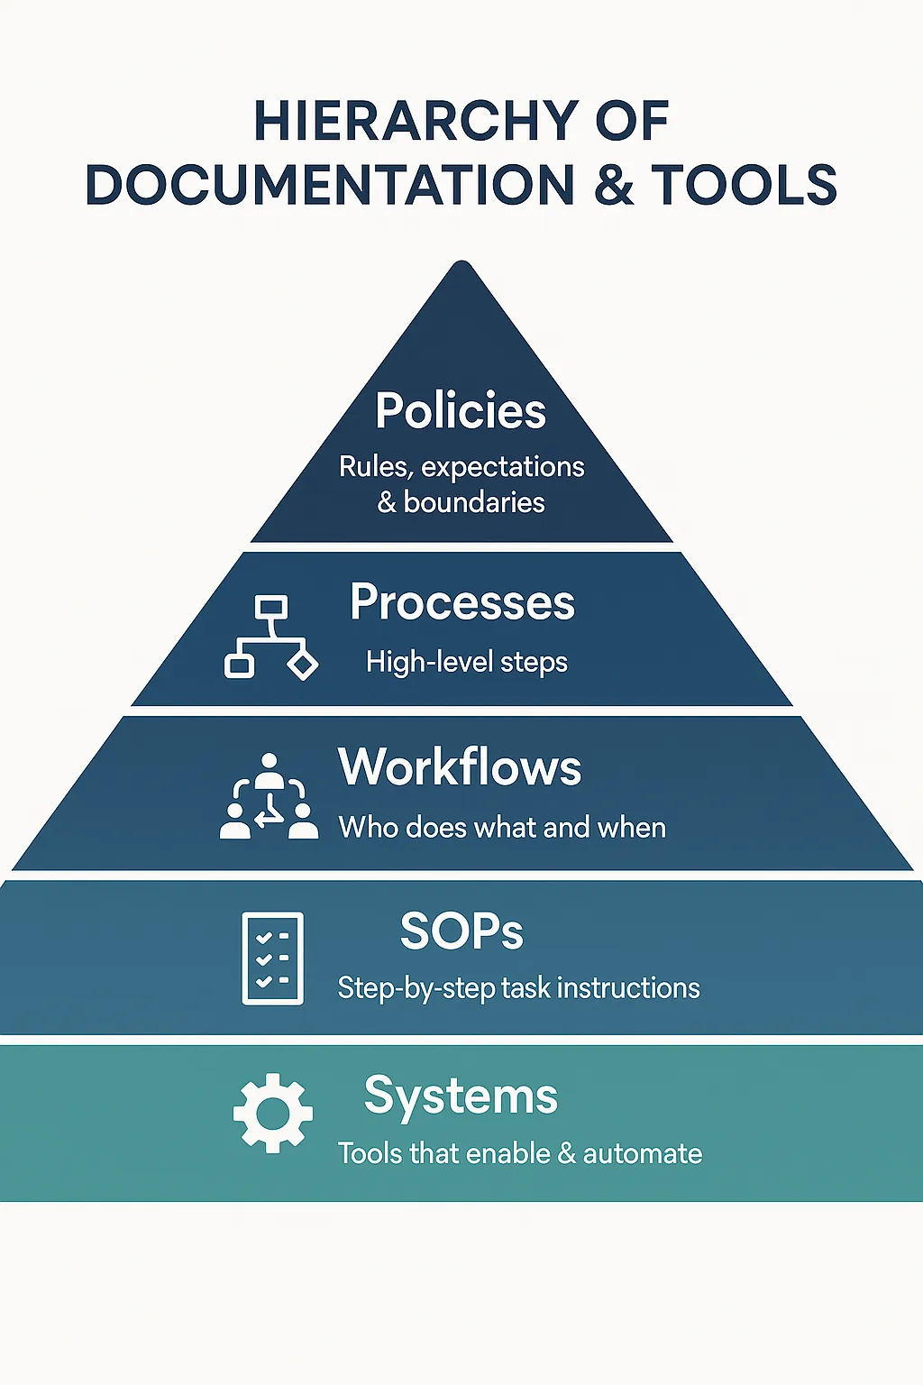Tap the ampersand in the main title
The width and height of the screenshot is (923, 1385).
point(614,184)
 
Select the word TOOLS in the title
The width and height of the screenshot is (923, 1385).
point(744,184)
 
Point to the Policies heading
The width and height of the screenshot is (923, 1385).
point(461,410)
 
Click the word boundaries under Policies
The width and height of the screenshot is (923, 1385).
point(474,502)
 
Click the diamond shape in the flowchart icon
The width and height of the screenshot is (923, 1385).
point(303,665)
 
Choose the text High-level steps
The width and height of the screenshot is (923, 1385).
point(467,662)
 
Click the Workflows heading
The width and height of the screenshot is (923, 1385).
point(460,766)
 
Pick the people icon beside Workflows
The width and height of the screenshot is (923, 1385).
point(269,796)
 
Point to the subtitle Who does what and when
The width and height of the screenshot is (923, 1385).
point(502,827)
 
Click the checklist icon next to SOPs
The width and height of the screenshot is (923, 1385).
point(272,958)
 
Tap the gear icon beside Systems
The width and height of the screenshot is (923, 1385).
point(272,1113)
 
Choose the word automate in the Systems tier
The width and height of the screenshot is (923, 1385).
point(643,1154)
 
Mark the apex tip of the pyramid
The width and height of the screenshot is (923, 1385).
point(461,261)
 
